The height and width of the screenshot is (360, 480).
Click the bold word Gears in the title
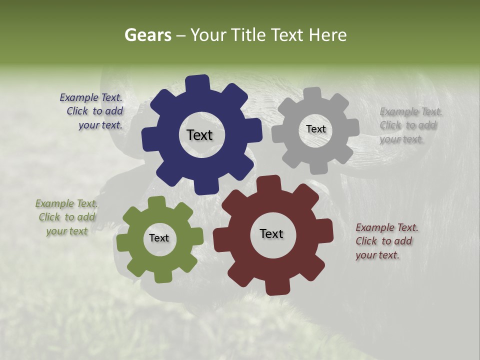click(x=147, y=35)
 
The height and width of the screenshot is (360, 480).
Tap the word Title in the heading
click(x=247, y=35)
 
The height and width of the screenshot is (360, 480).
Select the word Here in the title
click(x=327, y=35)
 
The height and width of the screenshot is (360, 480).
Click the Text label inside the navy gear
click(x=199, y=135)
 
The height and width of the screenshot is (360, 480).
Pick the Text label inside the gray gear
click(x=315, y=129)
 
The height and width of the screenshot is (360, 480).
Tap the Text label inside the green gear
click(x=159, y=238)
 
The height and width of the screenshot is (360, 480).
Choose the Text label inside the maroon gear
click(x=271, y=233)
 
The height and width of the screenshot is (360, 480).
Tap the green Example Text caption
click(x=66, y=217)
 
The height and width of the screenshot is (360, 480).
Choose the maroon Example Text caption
click(x=386, y=241)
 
